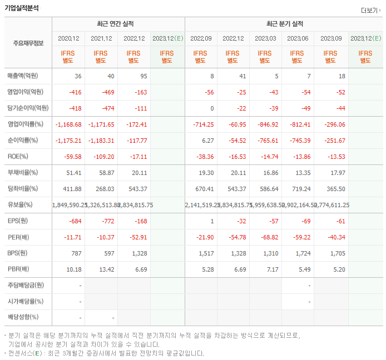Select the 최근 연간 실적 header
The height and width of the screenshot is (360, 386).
click(118, 24)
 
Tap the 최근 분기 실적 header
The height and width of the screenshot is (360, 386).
click(284, 24)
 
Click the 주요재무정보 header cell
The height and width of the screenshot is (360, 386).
click(28, 43)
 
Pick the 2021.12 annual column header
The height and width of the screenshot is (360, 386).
click(101, 38)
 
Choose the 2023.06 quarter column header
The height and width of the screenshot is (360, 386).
click(297, 38)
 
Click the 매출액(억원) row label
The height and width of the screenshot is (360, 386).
click(26, 76)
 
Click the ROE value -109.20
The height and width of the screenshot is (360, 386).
click(102, 156)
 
